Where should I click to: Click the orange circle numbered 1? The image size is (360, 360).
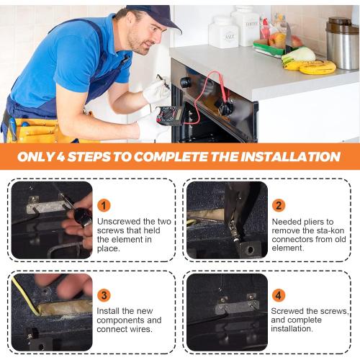pyautogui.click(x=104, y=206)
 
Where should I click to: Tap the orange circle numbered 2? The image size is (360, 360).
pyautogui.click(x=279, y=206)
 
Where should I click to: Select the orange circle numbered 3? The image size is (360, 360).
pyautogui.click(x=104, y=295)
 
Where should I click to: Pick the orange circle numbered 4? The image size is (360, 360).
pyautogui.click(x=279, y=295)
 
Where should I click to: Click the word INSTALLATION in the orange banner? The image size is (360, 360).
pyautogui.click(x=291, y=157)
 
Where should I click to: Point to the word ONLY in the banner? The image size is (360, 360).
pyautogui.click(x=36, y=157)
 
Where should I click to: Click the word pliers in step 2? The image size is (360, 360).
pyautogui.click(x=313, y=222)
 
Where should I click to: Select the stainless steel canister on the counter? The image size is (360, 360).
pyautogui.click(x=343, y=43)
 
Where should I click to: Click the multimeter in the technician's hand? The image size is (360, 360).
pyautogui.click(x=169, y=116)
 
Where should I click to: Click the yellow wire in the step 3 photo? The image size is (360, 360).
pyautogui.click(x=26, y=296)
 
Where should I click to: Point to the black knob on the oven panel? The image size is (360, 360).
pyautogui.click(x=186, y=83)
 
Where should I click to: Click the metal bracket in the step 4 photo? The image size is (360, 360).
pyautogui.click(x=236, y=306)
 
